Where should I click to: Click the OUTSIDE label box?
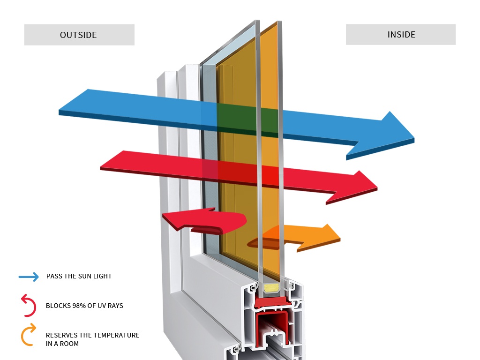point(79,35)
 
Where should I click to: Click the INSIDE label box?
point(401,35)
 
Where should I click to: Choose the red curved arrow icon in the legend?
point(28,305)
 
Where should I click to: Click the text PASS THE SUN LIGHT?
point(79,276)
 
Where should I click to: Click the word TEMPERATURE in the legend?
point(116,335)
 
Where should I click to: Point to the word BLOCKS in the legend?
point(56,306)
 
